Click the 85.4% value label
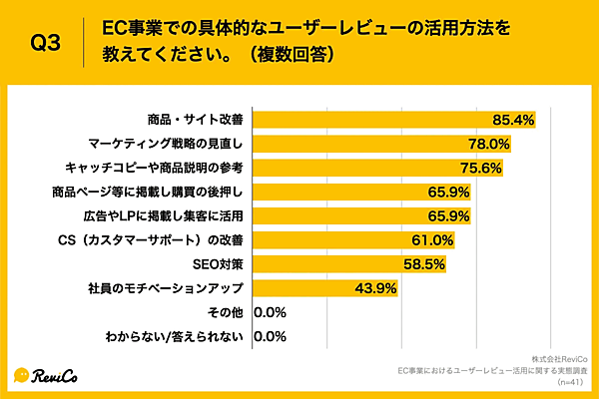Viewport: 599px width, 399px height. (513, 121)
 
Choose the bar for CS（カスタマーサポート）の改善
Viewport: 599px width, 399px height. (329, 240)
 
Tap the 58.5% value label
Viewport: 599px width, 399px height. (424, 264)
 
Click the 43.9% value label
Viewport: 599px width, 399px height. (376, 288)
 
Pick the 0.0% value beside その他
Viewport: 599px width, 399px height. (272, 312)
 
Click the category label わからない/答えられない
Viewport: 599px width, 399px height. (175, 336)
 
